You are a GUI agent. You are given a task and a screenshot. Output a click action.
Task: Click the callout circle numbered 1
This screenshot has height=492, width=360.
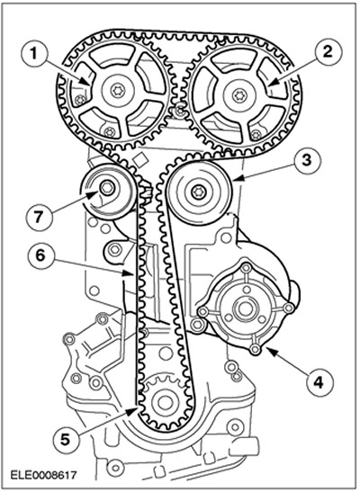click(x=33, y=55)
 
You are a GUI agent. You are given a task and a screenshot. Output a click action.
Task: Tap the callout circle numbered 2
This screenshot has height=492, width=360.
click(x=327, y=52)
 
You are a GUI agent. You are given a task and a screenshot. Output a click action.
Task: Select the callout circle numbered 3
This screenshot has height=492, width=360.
click(x=306, y=160)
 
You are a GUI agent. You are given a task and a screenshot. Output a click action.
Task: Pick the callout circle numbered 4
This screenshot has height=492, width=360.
click(x=319, y=382)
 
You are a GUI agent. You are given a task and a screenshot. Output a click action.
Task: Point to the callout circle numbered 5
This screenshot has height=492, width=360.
click(x=65, y=439)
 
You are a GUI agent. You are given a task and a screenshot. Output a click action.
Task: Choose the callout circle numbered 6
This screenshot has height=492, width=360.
click(x=40, y=255)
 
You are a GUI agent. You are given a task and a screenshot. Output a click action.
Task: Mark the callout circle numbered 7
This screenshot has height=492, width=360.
click(x=39, y=217)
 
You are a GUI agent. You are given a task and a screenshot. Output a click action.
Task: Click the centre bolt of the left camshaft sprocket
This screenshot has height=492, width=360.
click(x=116, y=92)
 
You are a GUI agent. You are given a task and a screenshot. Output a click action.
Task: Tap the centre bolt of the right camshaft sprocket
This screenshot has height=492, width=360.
click(x=239, y=94)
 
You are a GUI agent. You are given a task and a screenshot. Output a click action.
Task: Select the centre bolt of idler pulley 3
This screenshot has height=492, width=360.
click(x=198, y=192)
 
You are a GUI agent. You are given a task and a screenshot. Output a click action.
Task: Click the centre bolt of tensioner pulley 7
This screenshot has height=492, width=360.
click(x=106, y=188)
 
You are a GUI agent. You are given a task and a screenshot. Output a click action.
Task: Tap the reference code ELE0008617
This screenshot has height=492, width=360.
click(x=43, y=475)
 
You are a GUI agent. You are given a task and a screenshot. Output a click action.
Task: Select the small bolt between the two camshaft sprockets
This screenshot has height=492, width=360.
click(x=179, y=110)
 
